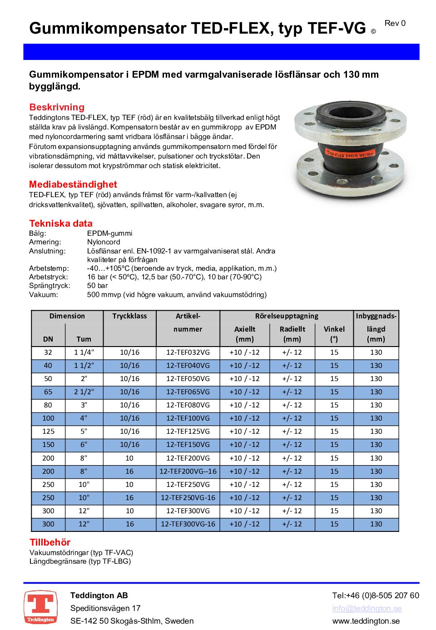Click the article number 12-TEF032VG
tap(188, 352)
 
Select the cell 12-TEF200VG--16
tap(188, 471)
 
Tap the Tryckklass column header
tap(129, 316)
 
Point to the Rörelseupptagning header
tap(287, 316)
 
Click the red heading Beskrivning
tap(57, 107)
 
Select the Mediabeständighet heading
tap(73, 184)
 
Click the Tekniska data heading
tap(61, 223)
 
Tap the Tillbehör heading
tap(50, 542)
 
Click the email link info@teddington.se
tap(367, 608)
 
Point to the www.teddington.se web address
tap(366, 621)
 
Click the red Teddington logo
tap(40, 607)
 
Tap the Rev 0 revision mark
tap(395, 23)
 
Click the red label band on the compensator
tap(350, 154)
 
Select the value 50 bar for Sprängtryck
tap(97, 286)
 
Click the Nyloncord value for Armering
tap(104, 242)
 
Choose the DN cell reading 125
tap(48, 432)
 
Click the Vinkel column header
tap(334, 334)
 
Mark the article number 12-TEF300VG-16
tap(188, 524)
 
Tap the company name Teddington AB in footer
tap(99, 595)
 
